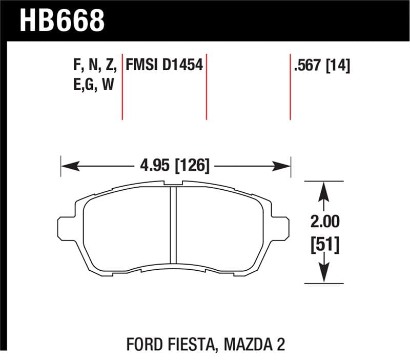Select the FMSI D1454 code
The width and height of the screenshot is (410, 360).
click(x=165, y=65)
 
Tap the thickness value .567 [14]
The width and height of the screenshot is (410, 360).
click(x=321, y=65)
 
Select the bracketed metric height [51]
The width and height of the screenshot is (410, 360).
click(x=324, y=245)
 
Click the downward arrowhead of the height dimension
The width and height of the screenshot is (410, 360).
click(x=324, y=274)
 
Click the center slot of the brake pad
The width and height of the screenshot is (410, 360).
click(x=173, y=226)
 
